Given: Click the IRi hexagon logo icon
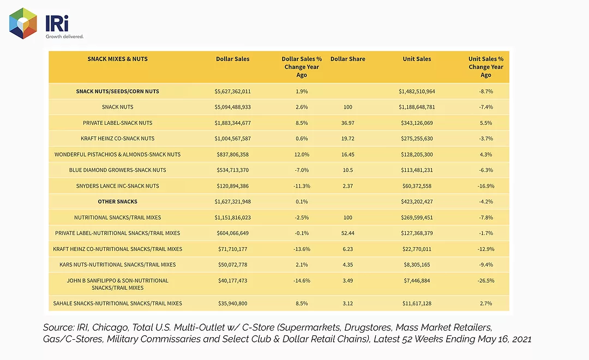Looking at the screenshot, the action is click(23, 23).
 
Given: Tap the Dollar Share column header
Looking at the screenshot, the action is click(348, 59).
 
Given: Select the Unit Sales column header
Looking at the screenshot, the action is click(417, 59).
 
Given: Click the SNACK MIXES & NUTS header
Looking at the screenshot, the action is click(118, 59).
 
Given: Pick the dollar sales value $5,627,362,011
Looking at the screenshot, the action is click(232, 91).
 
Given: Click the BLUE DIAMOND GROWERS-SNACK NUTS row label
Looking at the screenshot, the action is click(118, 170).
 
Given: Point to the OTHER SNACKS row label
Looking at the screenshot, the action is click(118, 201).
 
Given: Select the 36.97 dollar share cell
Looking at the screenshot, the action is click(348, 123).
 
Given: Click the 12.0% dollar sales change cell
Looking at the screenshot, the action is click(302, 154).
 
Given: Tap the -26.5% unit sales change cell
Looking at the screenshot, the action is click(486, 281).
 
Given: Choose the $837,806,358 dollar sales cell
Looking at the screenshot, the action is click(232, 154).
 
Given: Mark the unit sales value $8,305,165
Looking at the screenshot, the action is click(417, 265).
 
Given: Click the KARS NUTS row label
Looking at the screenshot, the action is click(118, 265).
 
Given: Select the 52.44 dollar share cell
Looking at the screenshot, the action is click(348, 233).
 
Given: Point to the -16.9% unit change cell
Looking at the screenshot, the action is click(486, 186).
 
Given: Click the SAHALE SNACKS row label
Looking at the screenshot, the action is click(118, 303).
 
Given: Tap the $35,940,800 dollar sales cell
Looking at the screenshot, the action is click(232, 303).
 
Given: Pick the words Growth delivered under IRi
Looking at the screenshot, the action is click(64, 37).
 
